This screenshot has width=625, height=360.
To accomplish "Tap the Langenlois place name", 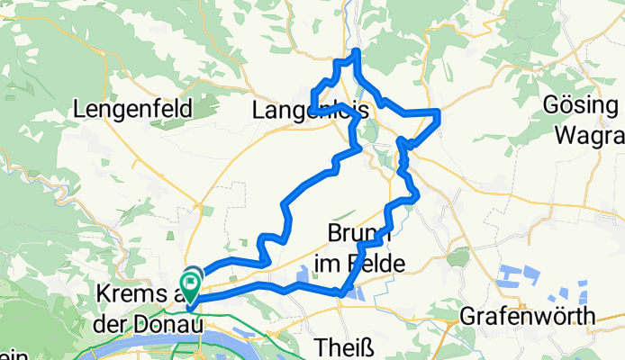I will (x=311, y=111).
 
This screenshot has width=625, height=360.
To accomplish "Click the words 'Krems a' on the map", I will (x=140, y=296).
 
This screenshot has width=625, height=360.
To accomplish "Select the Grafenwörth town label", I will (x=527, y=316).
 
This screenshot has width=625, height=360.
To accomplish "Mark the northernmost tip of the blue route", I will (x=358, y=51).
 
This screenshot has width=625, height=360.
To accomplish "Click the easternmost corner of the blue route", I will (x=439, y=112).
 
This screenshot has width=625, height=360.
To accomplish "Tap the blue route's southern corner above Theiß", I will (x=340, y=292).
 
